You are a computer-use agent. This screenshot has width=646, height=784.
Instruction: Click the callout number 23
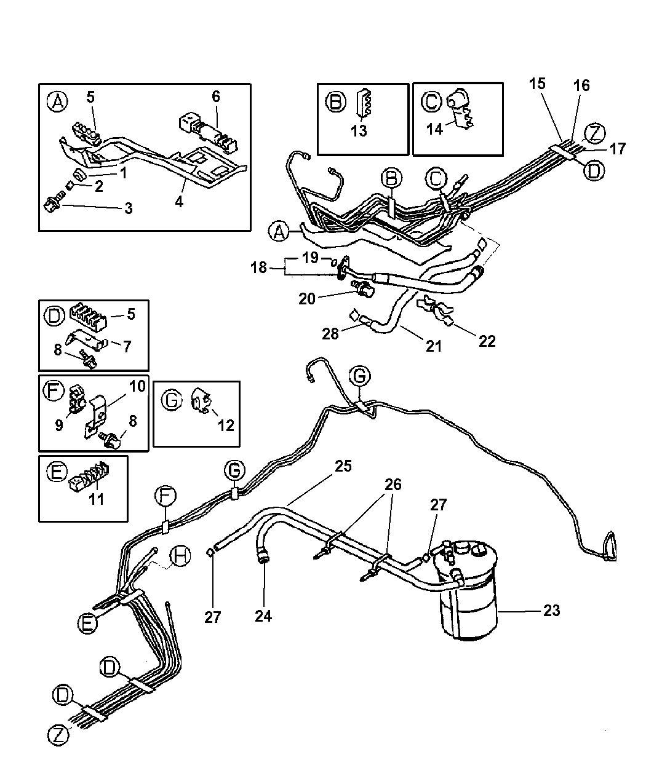click(x=551, y=611)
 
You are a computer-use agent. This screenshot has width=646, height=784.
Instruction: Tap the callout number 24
click(x=263, y=616)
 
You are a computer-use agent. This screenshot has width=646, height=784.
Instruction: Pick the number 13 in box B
click(x=359, y=130)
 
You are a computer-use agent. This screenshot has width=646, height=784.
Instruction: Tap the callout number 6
click(x=215, y=97)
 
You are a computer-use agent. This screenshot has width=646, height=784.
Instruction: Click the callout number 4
click(x=178, y=201)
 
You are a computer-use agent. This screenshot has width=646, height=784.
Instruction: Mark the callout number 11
click(x=97, y=498)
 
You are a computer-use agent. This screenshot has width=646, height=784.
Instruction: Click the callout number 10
click(x=137, y=386)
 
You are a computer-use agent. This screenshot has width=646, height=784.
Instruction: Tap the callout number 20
click(x=308, y=299)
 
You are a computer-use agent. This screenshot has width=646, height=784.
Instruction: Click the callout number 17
click(x=618, y=148)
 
